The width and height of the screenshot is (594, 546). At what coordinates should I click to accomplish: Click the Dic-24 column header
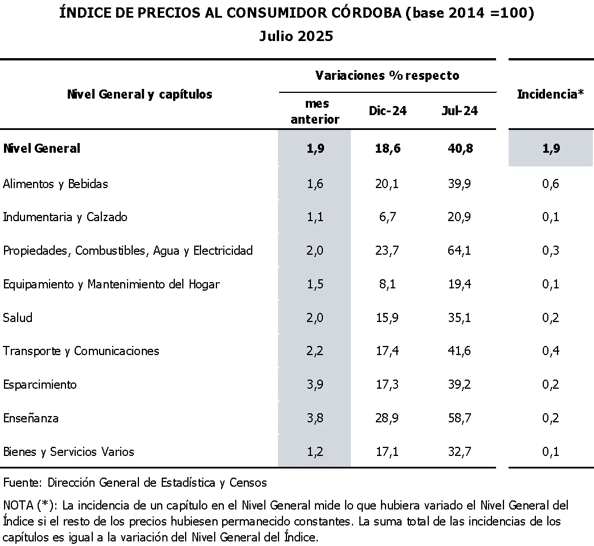(x=387, y=111)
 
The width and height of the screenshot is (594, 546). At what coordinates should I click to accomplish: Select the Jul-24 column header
(x=459, y=111)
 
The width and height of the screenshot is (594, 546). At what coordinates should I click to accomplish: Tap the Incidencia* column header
(x=550, y=95)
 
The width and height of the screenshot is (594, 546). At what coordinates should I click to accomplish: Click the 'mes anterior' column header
(x=314, y=111)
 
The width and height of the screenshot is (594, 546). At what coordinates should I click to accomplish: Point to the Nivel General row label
(x=42, y=148)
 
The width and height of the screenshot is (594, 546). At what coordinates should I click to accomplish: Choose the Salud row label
(x=18, y=317)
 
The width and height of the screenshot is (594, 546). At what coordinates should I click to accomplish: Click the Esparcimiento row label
(x=39, y=384)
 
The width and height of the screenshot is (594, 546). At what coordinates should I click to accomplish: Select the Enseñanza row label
(x=31, y=418)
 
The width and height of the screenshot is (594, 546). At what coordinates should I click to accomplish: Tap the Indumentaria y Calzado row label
(x=65, y=217)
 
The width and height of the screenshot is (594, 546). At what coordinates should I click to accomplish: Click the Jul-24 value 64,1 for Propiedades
(x=459, y=251)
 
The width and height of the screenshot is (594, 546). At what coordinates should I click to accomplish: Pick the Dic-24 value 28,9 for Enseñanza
(x=387, y=418)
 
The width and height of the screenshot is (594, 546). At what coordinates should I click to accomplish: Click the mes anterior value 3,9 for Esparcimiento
(x=314, y=384)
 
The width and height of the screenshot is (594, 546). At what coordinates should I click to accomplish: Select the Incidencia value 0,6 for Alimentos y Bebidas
(x=550, y=184)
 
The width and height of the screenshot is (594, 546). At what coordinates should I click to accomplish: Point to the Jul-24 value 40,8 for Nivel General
(x=459, y=148)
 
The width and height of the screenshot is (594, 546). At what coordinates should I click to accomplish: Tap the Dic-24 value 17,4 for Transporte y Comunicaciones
(x=387, y=351)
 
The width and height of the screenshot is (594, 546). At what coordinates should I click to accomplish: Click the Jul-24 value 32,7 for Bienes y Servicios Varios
(x=459, y=451)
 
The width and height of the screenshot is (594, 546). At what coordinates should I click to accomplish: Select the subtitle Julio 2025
(x=296, y=36)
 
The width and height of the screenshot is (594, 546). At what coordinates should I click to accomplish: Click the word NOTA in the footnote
(x=18, y=505)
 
